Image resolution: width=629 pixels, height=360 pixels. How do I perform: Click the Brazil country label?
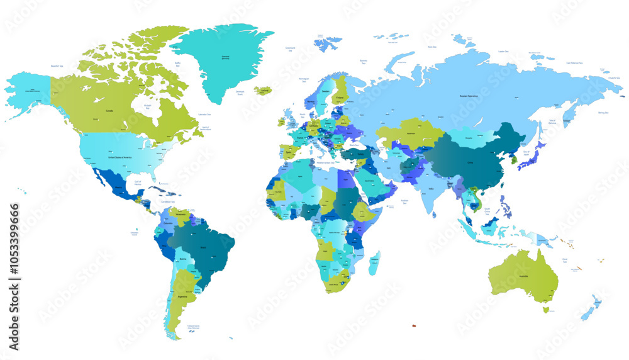[203, 247]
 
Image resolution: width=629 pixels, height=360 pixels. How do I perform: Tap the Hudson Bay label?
[148, 106]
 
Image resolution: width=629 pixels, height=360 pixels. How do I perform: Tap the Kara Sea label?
[432, 47]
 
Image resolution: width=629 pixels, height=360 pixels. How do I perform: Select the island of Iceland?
[265, 91]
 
